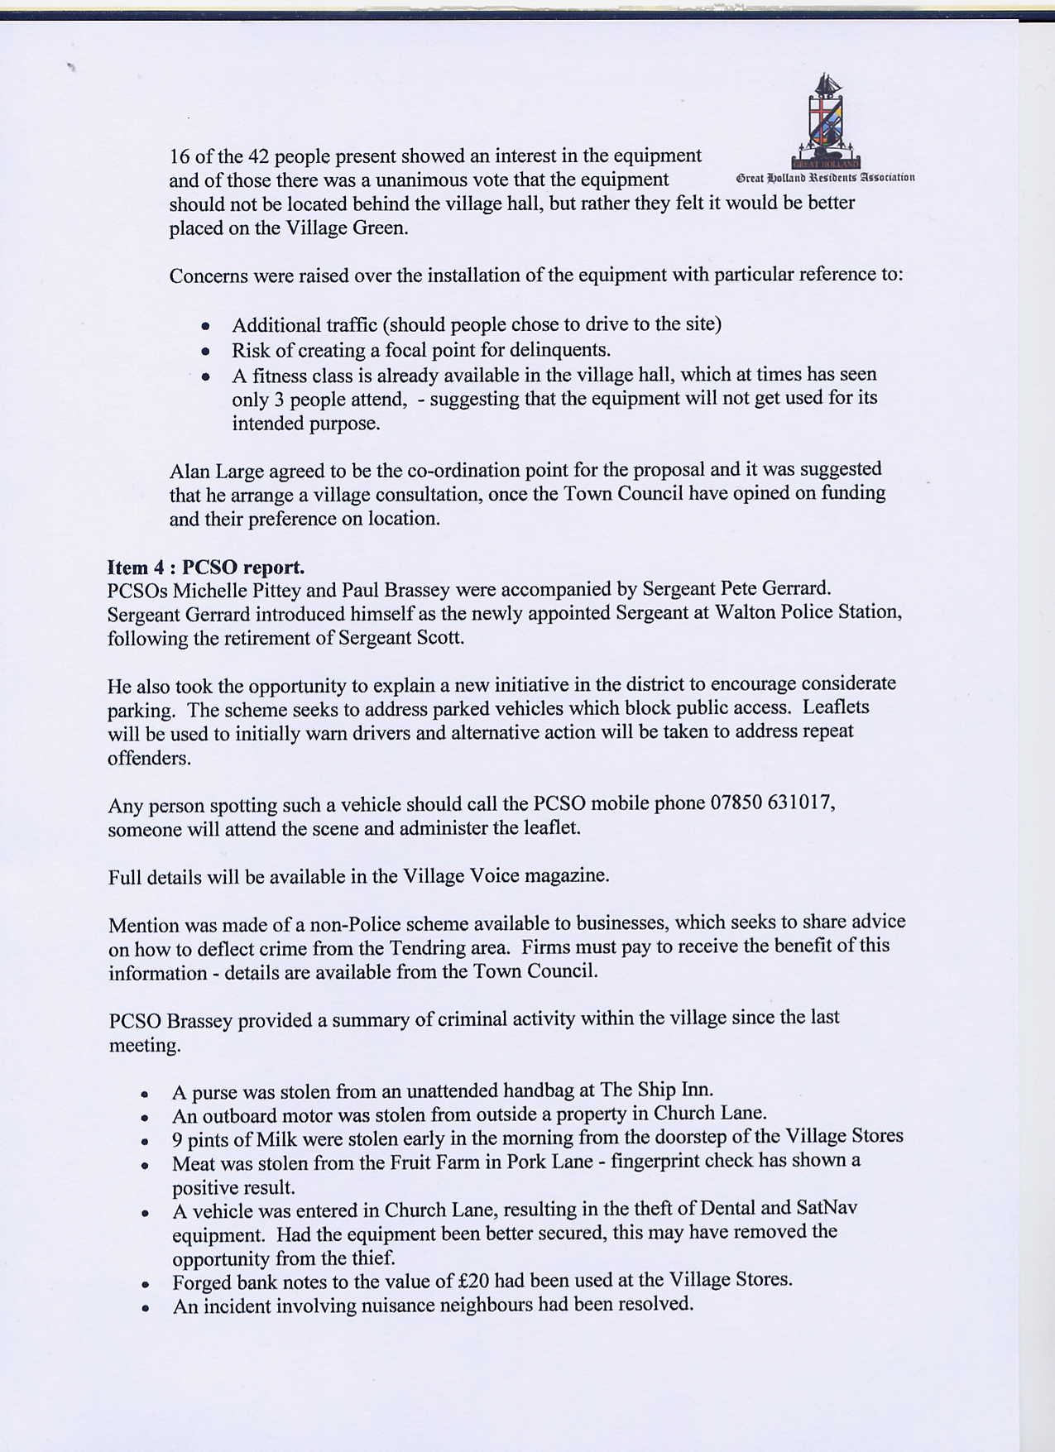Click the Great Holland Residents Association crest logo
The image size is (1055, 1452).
click(x=826, y=121)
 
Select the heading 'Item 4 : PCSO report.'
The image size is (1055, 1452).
click(x=206, y=568)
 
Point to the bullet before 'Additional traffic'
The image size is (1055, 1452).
click(x=205, y=326)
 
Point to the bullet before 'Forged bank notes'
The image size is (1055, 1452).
click(x=145, y=1286)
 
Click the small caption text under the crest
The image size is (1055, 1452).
click(x=824, y=177)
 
